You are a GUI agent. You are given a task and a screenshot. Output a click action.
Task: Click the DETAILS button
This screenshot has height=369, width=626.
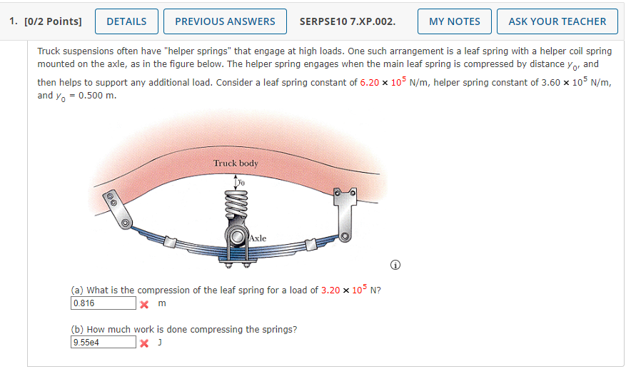click(x=126, y=21)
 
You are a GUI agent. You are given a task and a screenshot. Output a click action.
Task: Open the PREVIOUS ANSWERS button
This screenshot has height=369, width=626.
click(x=225, y=21)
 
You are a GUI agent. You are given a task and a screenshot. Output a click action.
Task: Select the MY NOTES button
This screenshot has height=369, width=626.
click(x=454, y=21)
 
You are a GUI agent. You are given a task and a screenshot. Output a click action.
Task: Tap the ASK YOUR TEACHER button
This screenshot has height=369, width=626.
click(x=557, y=21)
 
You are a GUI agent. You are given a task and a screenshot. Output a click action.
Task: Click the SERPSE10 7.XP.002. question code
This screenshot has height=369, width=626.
click(x=348, y=21)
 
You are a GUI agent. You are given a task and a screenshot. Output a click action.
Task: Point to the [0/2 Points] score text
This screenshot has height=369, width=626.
click(x=46, y=21)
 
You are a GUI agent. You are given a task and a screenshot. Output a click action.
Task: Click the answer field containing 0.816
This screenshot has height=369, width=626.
click(x=103, y=303)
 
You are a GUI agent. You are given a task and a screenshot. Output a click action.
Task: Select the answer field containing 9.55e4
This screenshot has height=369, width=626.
click(x=103, y=343)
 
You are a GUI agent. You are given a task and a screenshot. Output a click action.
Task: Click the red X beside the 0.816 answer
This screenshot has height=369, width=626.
click(x=144, y=304)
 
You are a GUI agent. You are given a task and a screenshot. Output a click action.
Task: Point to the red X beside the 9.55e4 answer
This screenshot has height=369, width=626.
click(x=144, y=343)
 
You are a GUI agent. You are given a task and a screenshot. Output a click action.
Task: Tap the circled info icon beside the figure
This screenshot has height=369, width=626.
click(x=395, y=266)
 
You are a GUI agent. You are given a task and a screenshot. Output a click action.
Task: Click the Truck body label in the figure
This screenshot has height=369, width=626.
click(x=236, y=163)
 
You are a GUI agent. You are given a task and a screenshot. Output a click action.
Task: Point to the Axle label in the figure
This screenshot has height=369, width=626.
click(x=258, y=238)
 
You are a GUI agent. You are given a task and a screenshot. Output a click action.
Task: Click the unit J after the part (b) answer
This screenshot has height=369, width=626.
click(x=160, y=343)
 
